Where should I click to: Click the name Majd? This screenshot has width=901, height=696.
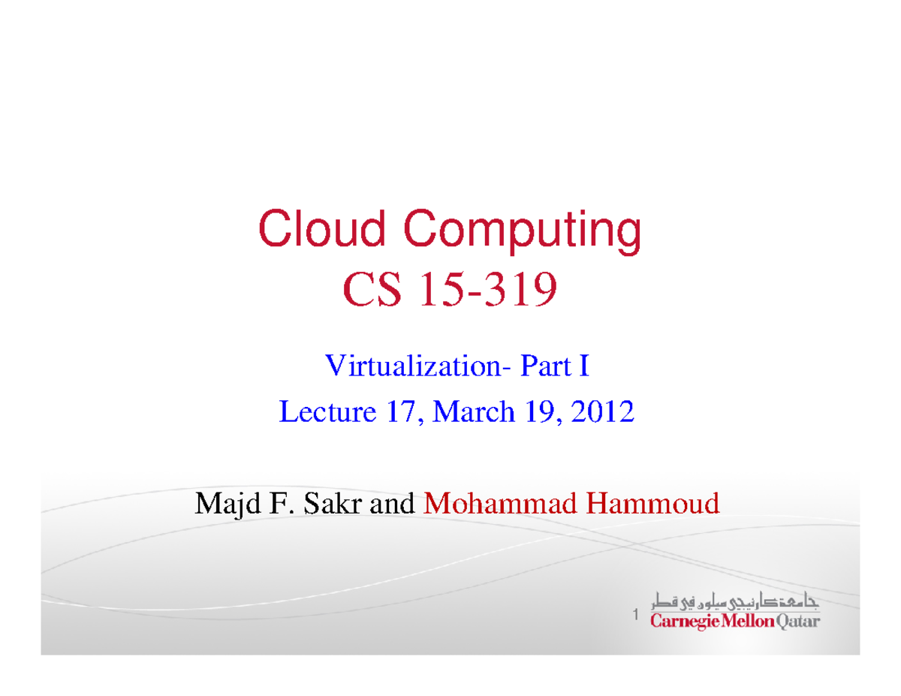click(221, 503)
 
